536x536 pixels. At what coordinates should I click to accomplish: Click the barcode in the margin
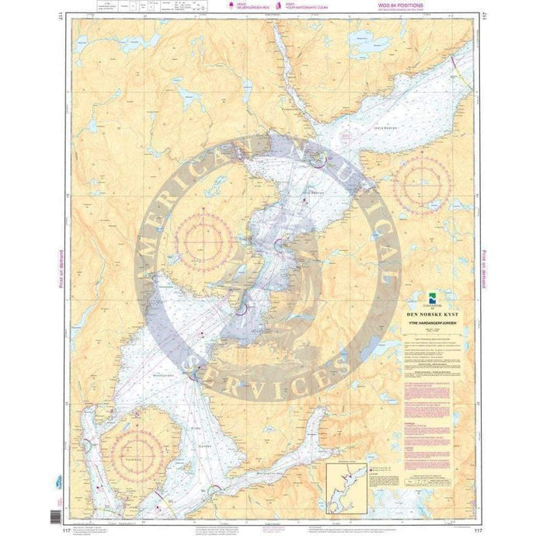click(x=54, y=515)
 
